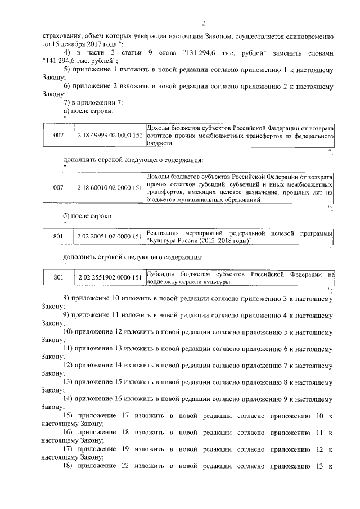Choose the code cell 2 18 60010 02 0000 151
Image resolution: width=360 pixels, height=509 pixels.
coord(109,187)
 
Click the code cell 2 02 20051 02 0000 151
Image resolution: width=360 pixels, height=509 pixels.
coord(109,237)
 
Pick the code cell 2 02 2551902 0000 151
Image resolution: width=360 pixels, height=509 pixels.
coord(109,277)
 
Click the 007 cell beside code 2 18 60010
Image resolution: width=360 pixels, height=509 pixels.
coord(58,187)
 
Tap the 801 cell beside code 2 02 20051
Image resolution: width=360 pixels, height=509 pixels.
coord(58,237)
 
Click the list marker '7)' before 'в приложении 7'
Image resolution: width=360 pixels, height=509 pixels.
coord(68,103)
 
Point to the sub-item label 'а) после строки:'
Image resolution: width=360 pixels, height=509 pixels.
coord(88,111)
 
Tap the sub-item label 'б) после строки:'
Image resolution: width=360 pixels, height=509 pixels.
coord(88,216)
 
